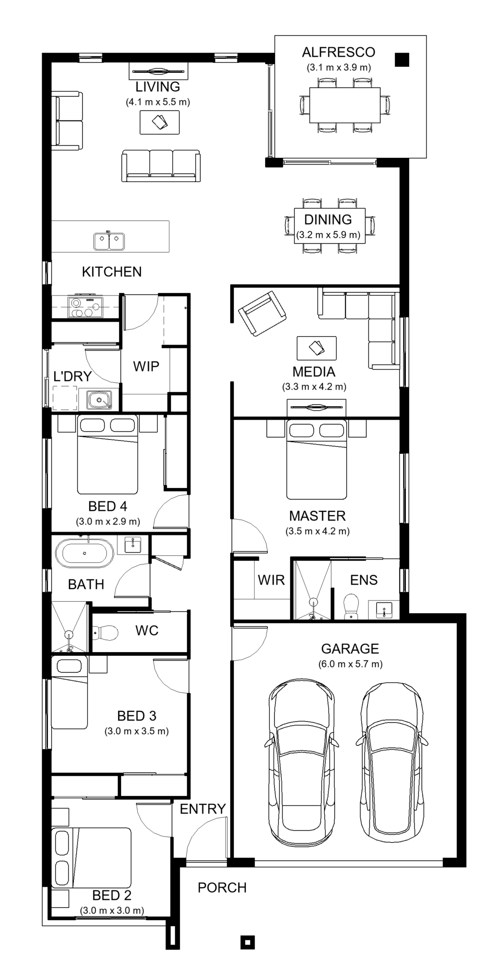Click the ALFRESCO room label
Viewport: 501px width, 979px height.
(338, 52)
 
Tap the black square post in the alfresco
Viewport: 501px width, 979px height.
(402, 59)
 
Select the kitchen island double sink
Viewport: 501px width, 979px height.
(109, 241)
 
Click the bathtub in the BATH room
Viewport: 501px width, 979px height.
(85, 553)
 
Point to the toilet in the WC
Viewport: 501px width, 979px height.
(105, 633)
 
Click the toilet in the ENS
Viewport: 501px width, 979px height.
(351, 607)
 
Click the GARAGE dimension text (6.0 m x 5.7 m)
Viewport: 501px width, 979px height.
(350, 664)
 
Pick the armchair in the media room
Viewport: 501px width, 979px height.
(262, 313)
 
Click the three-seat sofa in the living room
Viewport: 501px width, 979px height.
(161, 165)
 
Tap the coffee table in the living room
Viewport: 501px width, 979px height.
(160, 122)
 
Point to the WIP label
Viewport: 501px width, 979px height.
(146, 366)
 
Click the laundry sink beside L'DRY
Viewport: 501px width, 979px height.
(99, 400)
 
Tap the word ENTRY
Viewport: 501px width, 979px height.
(203, 809)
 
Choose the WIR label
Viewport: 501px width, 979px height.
(271, 580)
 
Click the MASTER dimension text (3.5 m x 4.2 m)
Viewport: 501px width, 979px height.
(318, 531)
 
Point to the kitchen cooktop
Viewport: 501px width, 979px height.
(86, 306)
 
